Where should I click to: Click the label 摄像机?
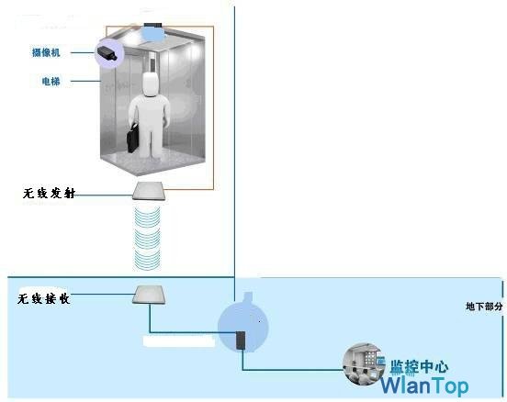click(x=46, y=52)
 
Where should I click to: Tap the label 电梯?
click(x=51, y=81)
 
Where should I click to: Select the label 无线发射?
click(x=49, y=194)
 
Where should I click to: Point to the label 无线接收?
click(x=44, y=299)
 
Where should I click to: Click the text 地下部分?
click(x=484, y=307)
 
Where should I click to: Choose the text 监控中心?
click(x=419, y=367)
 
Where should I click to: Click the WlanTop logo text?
click(x=424, y=385)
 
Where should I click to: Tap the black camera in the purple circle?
click(x=106, y=53)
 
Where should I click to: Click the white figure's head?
click(x=151, y=84)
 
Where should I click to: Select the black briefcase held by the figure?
click(x=133, y=139)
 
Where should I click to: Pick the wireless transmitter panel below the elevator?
click(x=150, y=191)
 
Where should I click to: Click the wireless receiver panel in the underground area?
click(x=149, y=295)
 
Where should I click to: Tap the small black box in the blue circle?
click(x=241, y=341)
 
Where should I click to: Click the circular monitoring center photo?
click(x=363, y=363)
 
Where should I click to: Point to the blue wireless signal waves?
click(x=147, y=239)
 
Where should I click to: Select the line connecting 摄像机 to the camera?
click(x=83, y=52)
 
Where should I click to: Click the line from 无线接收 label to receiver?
click(x=103, y=294)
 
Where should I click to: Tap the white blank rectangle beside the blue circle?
click(x=179, y=341)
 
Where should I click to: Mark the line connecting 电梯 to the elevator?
click(x=85, y=81)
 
